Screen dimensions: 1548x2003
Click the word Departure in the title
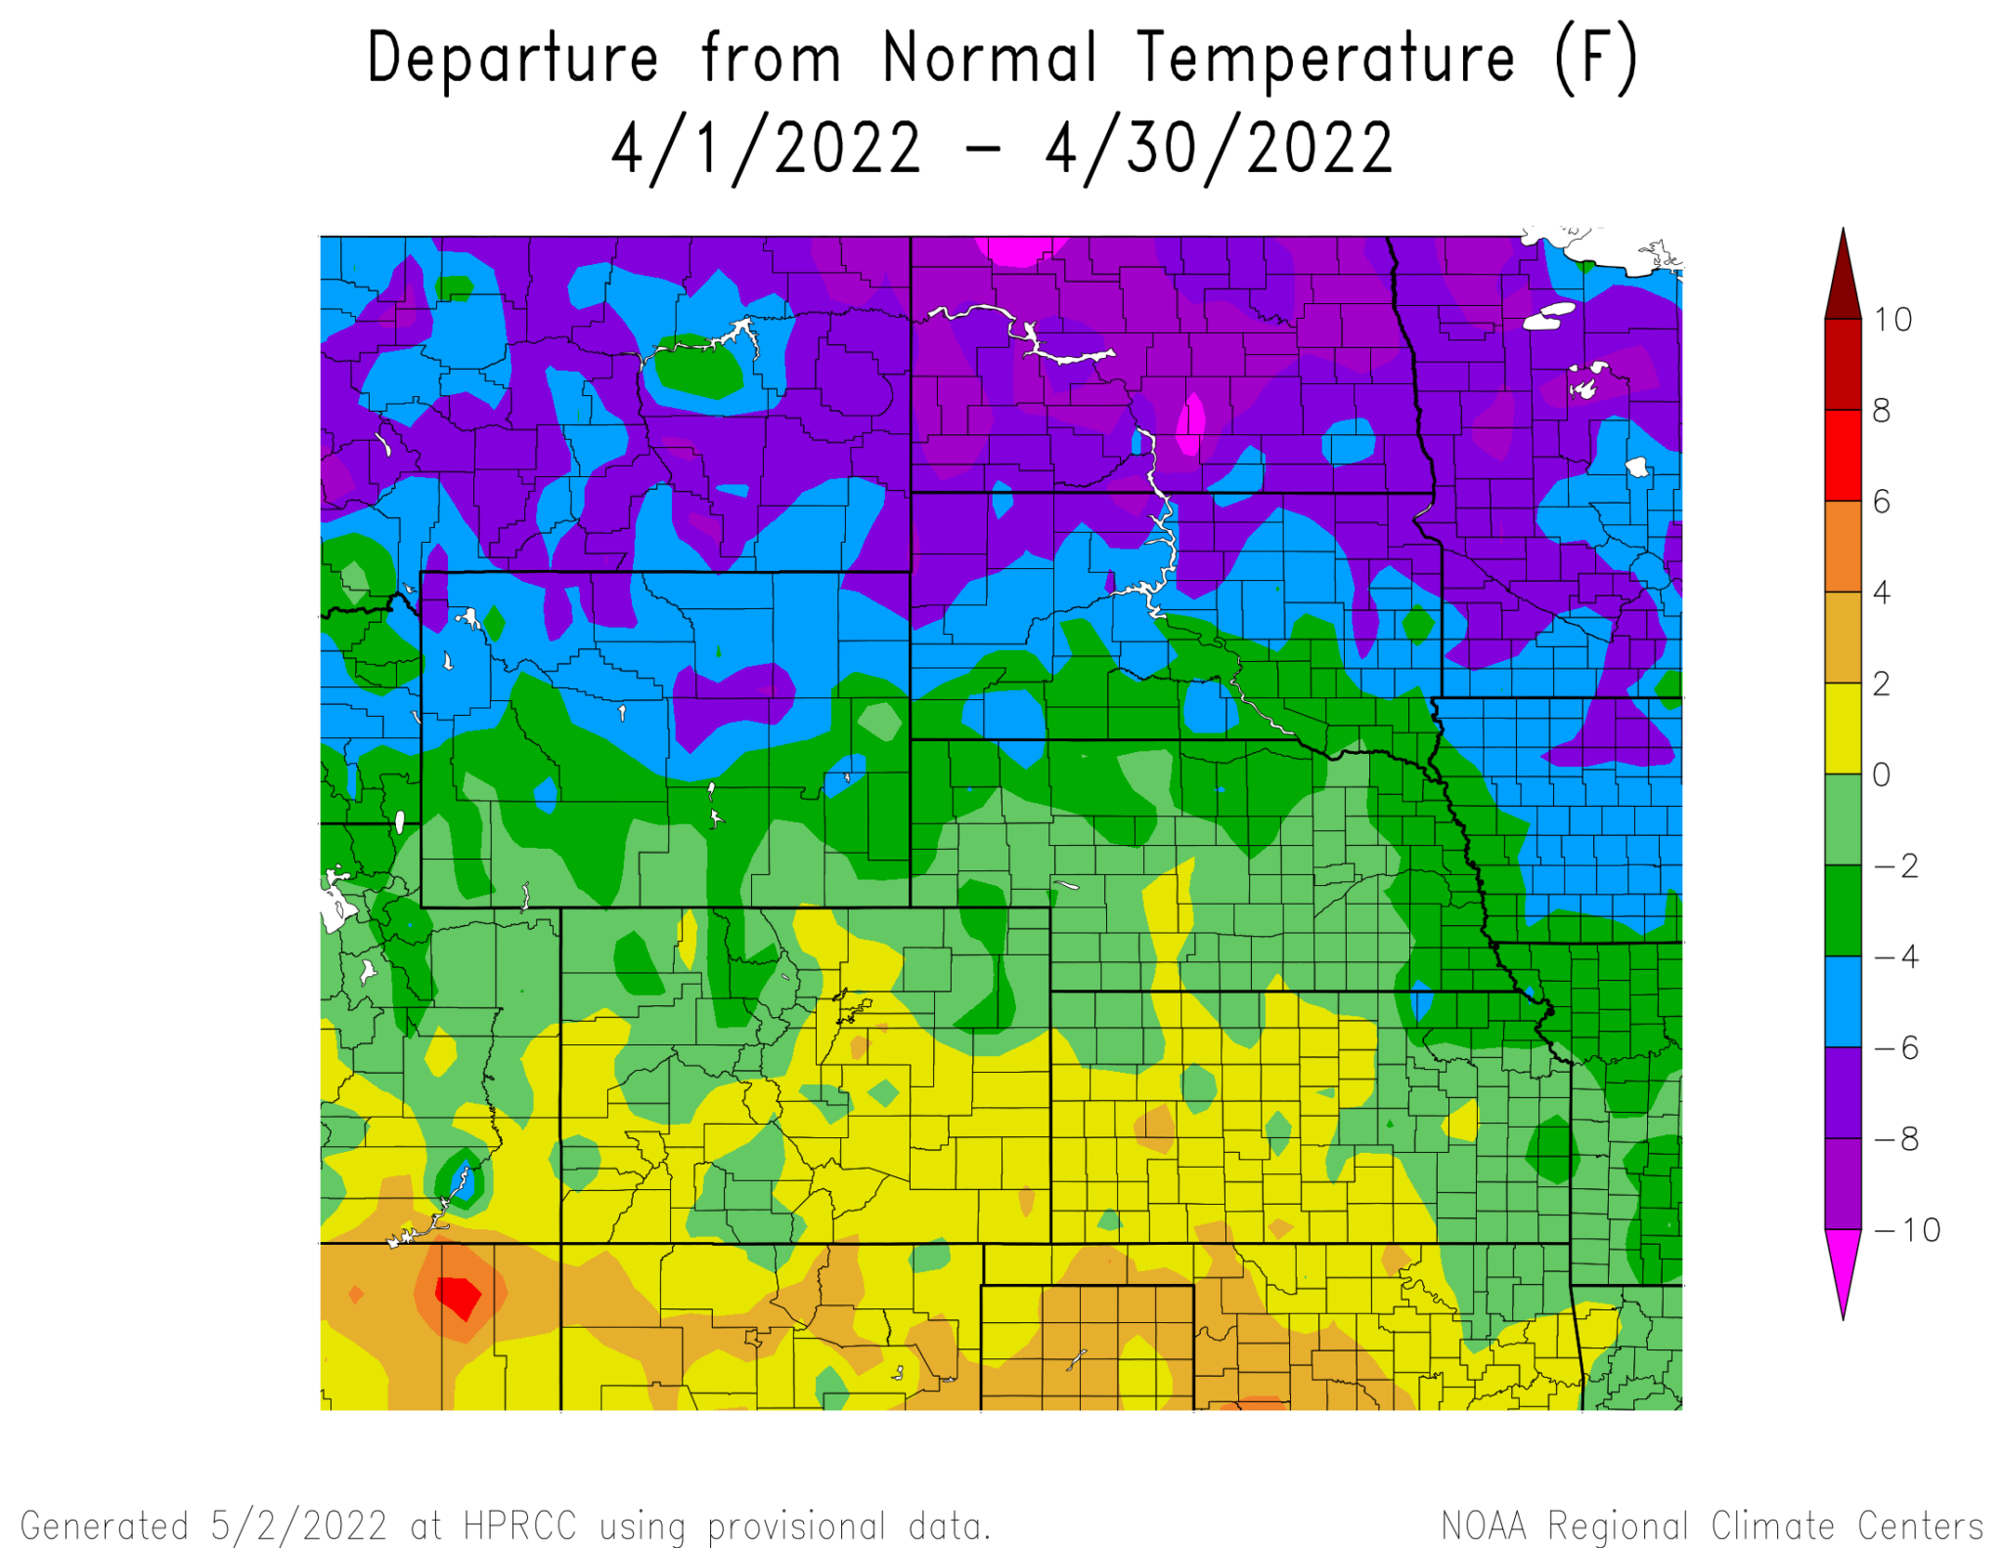coord(512,59)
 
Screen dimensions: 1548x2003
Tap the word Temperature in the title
coord(1326,59)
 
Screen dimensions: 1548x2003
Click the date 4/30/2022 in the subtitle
coord(1219,149)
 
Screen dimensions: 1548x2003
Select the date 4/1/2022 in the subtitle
coord(766,149)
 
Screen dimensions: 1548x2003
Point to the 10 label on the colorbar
coord(1892,320)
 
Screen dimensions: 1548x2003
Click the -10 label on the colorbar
coord(1906,1229)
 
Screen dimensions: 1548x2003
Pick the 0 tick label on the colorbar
coord(1881,774)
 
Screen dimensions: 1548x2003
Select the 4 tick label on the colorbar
coord(1881,592)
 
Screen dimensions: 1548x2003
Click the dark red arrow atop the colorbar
coord(1843,284)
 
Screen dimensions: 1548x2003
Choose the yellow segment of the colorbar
coord(1843,729)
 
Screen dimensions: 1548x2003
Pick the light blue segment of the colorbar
coord(1843,1001)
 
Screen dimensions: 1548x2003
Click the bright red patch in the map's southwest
coord(457,1297)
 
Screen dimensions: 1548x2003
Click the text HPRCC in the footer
coord(519,1526)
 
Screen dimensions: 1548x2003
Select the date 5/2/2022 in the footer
coord(299,1526)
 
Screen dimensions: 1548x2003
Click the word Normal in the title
coord(989,59)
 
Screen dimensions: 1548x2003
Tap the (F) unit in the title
coord(1595,59)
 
